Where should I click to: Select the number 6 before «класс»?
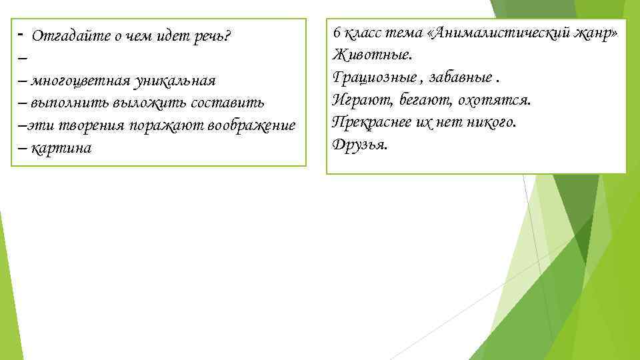point(337,34)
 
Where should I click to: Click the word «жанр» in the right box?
point(595,34)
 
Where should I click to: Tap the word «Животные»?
point(375,56)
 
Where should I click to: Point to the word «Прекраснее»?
point(375,123)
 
